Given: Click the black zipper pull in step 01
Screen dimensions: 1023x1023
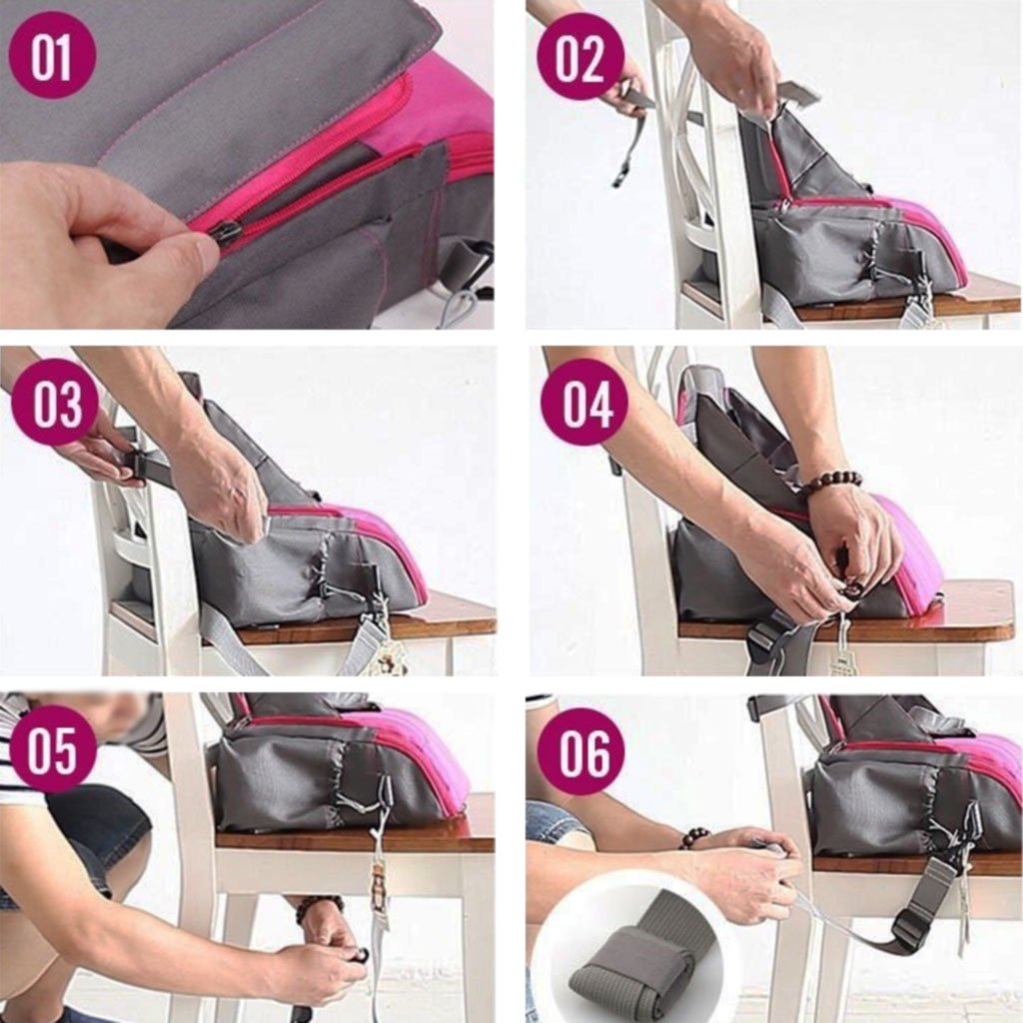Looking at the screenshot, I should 225,233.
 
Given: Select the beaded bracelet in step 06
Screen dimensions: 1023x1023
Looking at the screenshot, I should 694,837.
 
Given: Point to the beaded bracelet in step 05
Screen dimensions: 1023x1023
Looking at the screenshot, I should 319,905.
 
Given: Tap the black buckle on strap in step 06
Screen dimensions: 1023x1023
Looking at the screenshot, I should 911,931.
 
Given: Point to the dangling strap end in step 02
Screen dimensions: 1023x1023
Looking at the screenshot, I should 625,160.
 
